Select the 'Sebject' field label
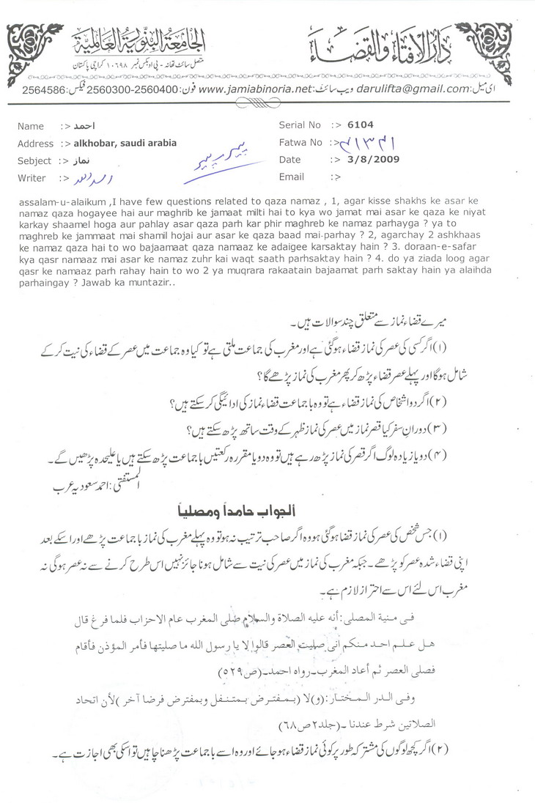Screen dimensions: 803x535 (34, 160)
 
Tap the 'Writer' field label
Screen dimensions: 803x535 (32, 178)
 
